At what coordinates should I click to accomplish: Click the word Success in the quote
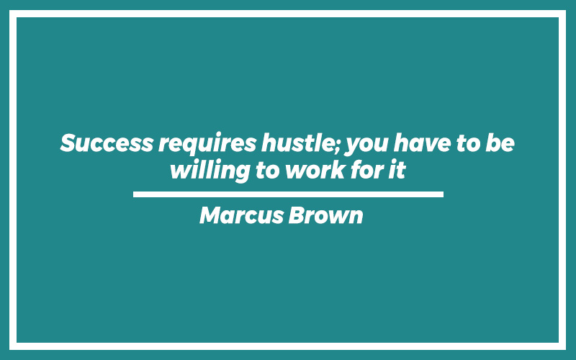(107, 143)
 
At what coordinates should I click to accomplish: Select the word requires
(207, 144)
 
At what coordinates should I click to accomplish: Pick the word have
(422, 143)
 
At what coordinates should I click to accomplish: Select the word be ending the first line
(500, 143)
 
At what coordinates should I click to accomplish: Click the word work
(315, 170)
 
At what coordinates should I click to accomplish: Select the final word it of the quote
(397, 170)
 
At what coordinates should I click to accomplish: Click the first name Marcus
(241, 215)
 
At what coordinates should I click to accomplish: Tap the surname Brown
(325, 215)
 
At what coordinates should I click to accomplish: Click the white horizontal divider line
(288, 194)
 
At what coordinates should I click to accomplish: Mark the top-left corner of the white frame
(9, 10)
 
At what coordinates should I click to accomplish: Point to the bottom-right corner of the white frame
(566, 350)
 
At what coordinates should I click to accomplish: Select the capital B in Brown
(297, 215)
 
